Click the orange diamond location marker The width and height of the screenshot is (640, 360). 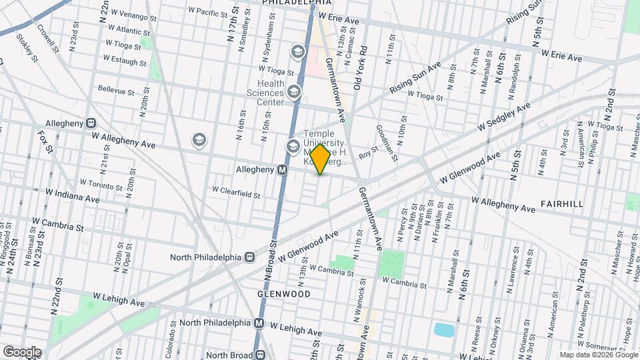point(320,159)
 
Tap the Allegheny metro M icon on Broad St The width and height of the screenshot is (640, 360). point(282,170)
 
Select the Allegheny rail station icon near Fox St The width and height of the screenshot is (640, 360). point(90,123)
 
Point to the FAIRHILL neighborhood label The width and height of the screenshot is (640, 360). point(562,203)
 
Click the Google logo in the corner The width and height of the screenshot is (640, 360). point(21,352)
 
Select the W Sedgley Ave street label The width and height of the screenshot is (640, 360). point(502,118)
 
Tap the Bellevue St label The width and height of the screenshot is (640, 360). point(116,88)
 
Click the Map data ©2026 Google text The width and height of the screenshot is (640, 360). point(598,355)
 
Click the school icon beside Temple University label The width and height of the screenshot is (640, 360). point(292,146)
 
